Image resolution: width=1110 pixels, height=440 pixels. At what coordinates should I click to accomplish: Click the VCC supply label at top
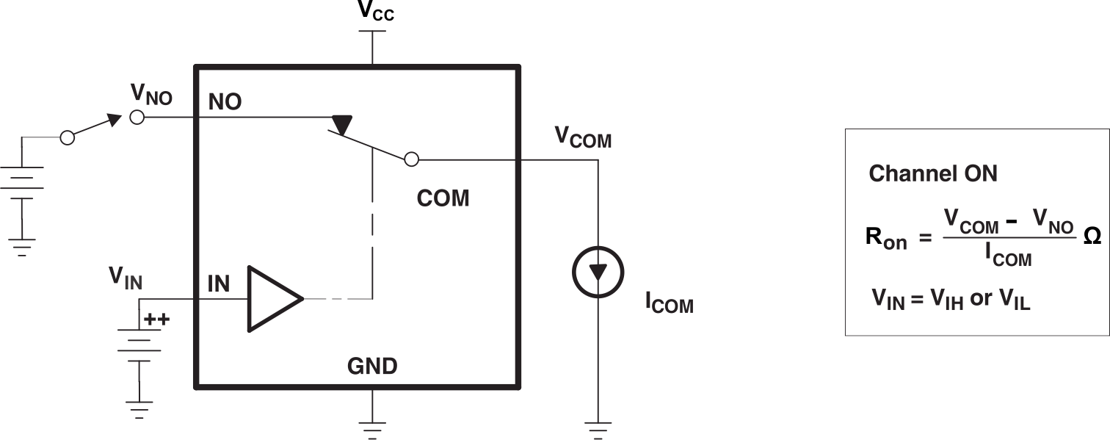coord(375,10)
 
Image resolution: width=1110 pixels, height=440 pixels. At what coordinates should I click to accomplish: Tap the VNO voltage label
coord(150,94)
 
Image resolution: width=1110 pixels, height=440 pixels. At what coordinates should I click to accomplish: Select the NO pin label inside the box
coord(225,102)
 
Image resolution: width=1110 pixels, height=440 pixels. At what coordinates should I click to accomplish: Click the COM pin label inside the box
coord(443,198)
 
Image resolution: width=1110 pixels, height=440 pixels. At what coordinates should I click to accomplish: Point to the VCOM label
coord(582,137)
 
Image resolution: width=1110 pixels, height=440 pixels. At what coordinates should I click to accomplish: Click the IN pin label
coord(219,284)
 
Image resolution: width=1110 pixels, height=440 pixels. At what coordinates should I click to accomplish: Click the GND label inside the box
coord(372,365)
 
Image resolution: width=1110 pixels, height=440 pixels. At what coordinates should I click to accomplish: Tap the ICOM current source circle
coord(598,273)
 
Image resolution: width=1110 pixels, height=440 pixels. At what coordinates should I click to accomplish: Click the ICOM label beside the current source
coord(669,303)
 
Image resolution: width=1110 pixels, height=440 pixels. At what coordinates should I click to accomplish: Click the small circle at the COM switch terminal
coord(412,159)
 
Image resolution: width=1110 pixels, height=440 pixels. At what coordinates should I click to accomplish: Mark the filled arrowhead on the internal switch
coord(341,123)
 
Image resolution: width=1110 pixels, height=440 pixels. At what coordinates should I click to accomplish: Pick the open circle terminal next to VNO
coord(137,117)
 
